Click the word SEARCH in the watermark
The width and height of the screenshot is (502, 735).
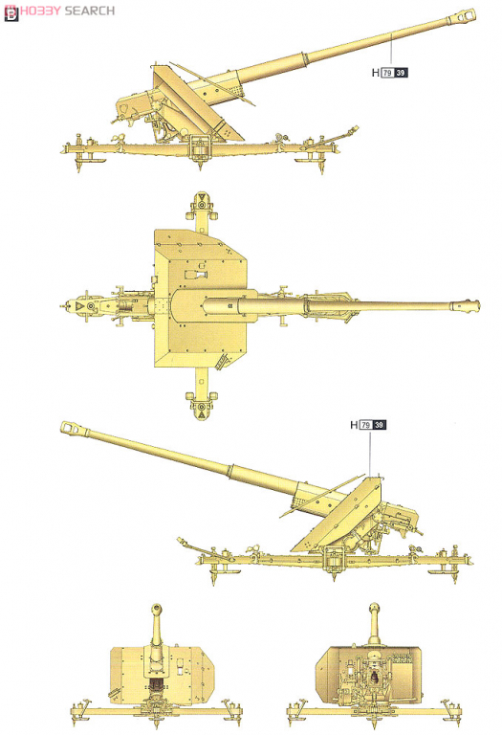coord(90,11)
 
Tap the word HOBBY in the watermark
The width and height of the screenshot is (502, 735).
coord(40,11)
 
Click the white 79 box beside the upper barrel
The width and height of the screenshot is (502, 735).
coord(387,73)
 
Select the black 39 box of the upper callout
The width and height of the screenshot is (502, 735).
coord(401,73)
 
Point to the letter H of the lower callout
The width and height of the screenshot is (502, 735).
coord(354,425)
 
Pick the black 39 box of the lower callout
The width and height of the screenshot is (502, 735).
coord(379,425)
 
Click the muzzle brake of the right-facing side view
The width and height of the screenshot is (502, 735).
coord(462,16)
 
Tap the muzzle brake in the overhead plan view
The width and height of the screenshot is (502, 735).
coord(465,304)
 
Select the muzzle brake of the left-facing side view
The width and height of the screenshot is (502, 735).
coord(74,428)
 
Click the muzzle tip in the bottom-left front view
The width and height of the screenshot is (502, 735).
coord(157,609)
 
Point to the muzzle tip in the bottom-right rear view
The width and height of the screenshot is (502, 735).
coord(374,608)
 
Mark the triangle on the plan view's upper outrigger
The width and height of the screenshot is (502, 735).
coord(202,196)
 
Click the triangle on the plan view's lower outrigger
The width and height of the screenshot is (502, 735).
coord(202,414)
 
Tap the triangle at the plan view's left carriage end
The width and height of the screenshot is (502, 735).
coord(80,305)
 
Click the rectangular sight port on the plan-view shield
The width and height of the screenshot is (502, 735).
coord(198,274)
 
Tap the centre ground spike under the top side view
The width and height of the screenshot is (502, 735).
coord(201,166)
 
